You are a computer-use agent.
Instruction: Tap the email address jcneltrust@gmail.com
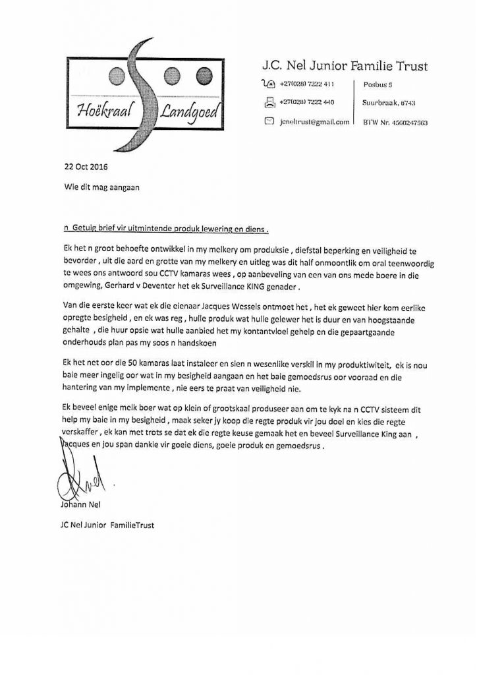314,122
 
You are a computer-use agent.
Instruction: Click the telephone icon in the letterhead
268,84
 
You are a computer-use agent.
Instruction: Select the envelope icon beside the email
268,121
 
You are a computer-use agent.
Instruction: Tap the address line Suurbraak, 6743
389,103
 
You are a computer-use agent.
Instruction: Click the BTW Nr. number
395,123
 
